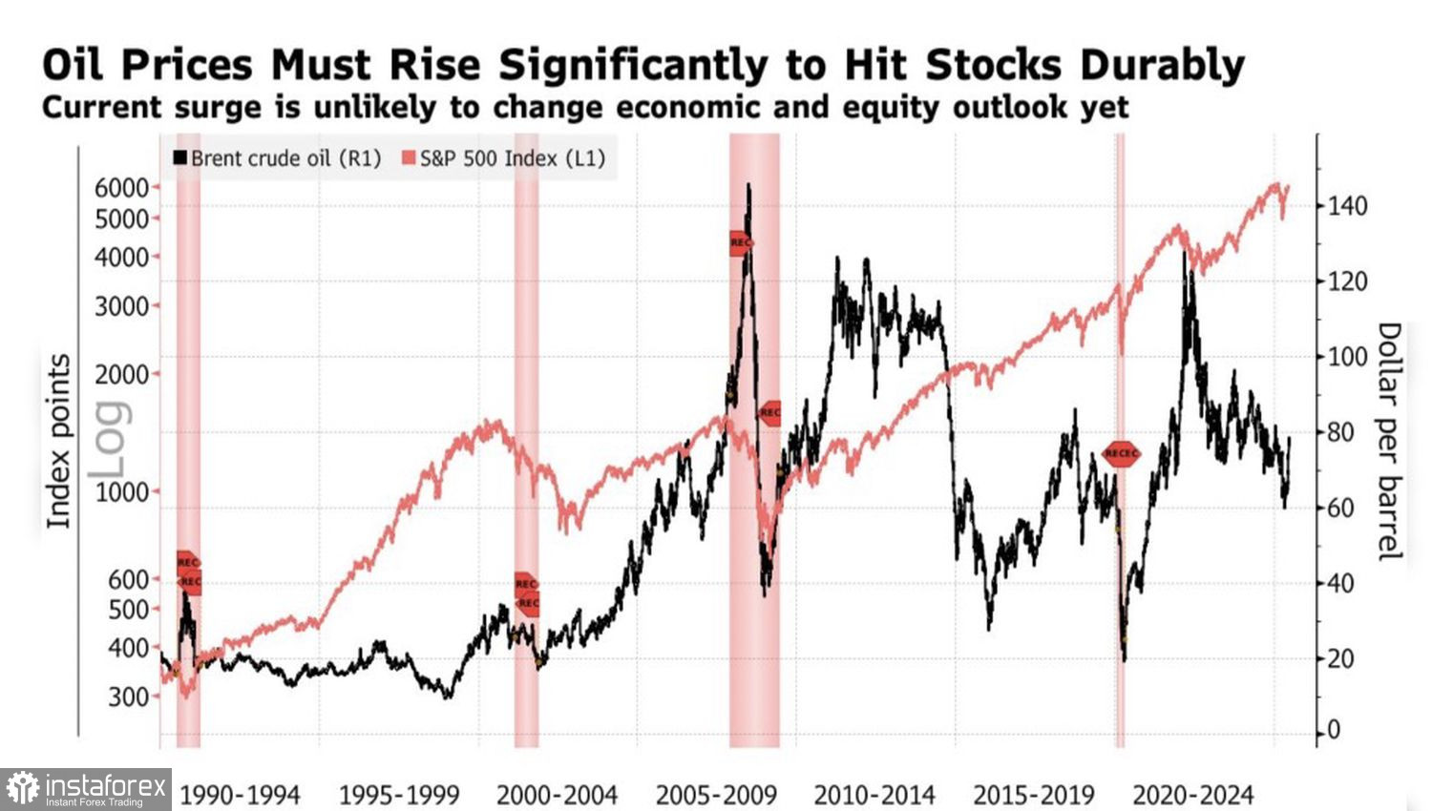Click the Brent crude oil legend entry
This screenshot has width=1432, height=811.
(x=276, y=158)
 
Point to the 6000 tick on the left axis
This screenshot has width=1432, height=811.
(x=121, y=188)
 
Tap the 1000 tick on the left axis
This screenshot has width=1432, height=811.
(x=121, y=492)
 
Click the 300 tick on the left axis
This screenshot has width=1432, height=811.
(x=128, y=697)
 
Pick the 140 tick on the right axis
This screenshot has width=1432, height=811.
(x=1347, y=206)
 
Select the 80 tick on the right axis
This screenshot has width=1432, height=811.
(x=1340, y=432)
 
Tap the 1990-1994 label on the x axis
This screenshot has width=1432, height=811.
(x=240, y=795)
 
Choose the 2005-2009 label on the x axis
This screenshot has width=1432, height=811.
(x=716, y=795)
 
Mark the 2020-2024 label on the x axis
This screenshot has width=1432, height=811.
(x=1192, y=795)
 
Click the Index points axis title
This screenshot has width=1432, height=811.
(x=59, y=441)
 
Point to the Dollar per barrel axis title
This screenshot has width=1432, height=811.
(x=1390, y=441)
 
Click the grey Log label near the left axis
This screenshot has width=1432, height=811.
(x=107, y=439)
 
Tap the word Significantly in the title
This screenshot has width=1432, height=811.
(x=633, y=65)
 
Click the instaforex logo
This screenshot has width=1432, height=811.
(x=86, y=789)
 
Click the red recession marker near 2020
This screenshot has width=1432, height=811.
(x=1121, y=454)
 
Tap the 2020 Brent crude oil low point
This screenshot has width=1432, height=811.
(x=1125, y=659)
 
